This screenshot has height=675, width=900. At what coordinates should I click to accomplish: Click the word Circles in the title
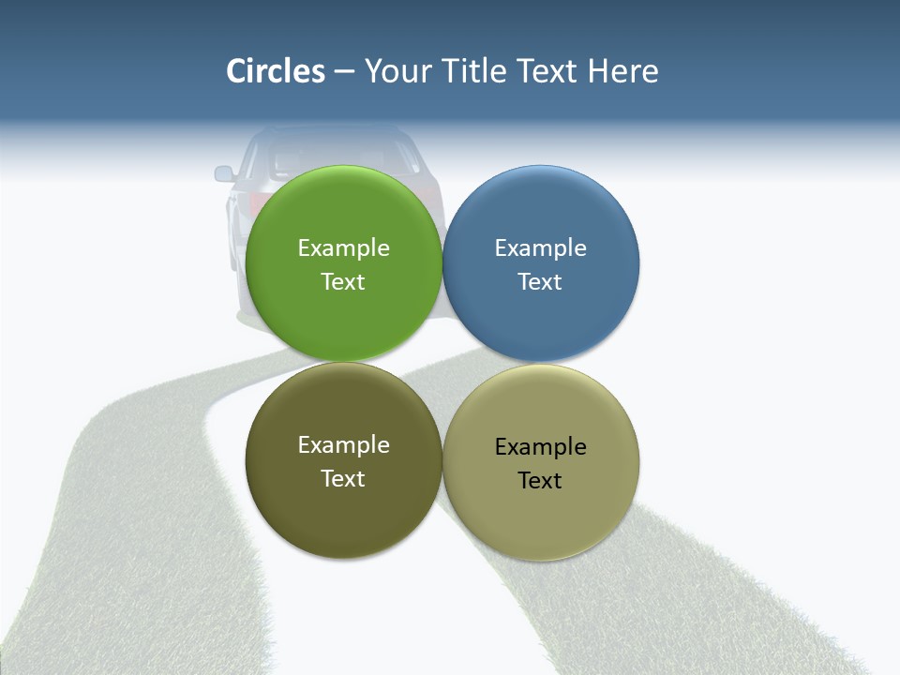(x=276, y=71)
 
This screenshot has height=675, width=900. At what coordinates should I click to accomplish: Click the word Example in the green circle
(x=343, y=248)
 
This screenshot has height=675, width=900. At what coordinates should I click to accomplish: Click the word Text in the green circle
(x=343, y=282)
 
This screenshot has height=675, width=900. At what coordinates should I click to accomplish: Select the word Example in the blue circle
(x=540, y=248)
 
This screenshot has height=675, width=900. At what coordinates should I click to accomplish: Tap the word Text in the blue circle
(x=540, y=282)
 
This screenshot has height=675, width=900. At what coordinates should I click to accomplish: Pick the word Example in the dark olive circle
(x=343, y=445)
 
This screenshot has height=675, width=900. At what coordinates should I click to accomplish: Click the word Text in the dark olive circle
(x=343, y=479)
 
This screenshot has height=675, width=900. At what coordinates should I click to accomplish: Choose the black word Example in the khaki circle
(x=540, y=447)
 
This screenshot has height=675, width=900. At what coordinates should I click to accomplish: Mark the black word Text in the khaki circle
(x=540, y=481)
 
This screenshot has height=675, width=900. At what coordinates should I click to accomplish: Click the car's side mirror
(x=224, y=173)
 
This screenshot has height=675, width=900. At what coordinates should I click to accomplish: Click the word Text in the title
(x=547, y=71)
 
